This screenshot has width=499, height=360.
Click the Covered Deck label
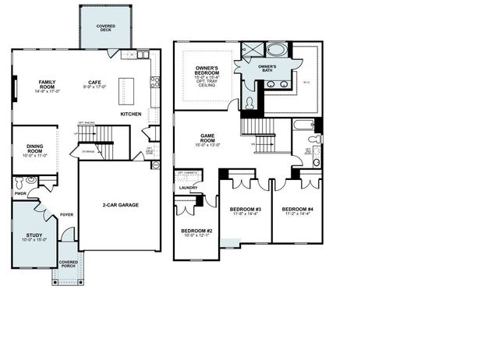pyautogui.click(x=106, y=27)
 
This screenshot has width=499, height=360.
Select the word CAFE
pyautogui.click(x=95, y=82)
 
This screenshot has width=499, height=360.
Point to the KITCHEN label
pyautogui.click(x=131, y=115)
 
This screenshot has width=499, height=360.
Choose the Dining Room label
pyautogui.click(x=35, y=148)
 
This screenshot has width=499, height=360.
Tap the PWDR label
pyautogui.click(x=20, y=193)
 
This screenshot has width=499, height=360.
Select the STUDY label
pyautogui.click(x=34, y=235)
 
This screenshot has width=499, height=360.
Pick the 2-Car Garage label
pyautogui.click(x=120, y=205)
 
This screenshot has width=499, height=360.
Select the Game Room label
pyautogui.click(x=208, y=137)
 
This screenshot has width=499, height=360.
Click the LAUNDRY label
pyautogui.click(x=187, y=187)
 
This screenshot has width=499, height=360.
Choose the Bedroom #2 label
pyautogui.click(x=196, y=231)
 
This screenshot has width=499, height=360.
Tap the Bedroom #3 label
pyautogui.click(x=245, y=209)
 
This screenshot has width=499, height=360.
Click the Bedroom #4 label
pyautogui.click(x=297, y=209)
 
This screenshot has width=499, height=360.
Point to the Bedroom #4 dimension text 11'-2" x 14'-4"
pyautogui.click(x=297, y=214)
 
